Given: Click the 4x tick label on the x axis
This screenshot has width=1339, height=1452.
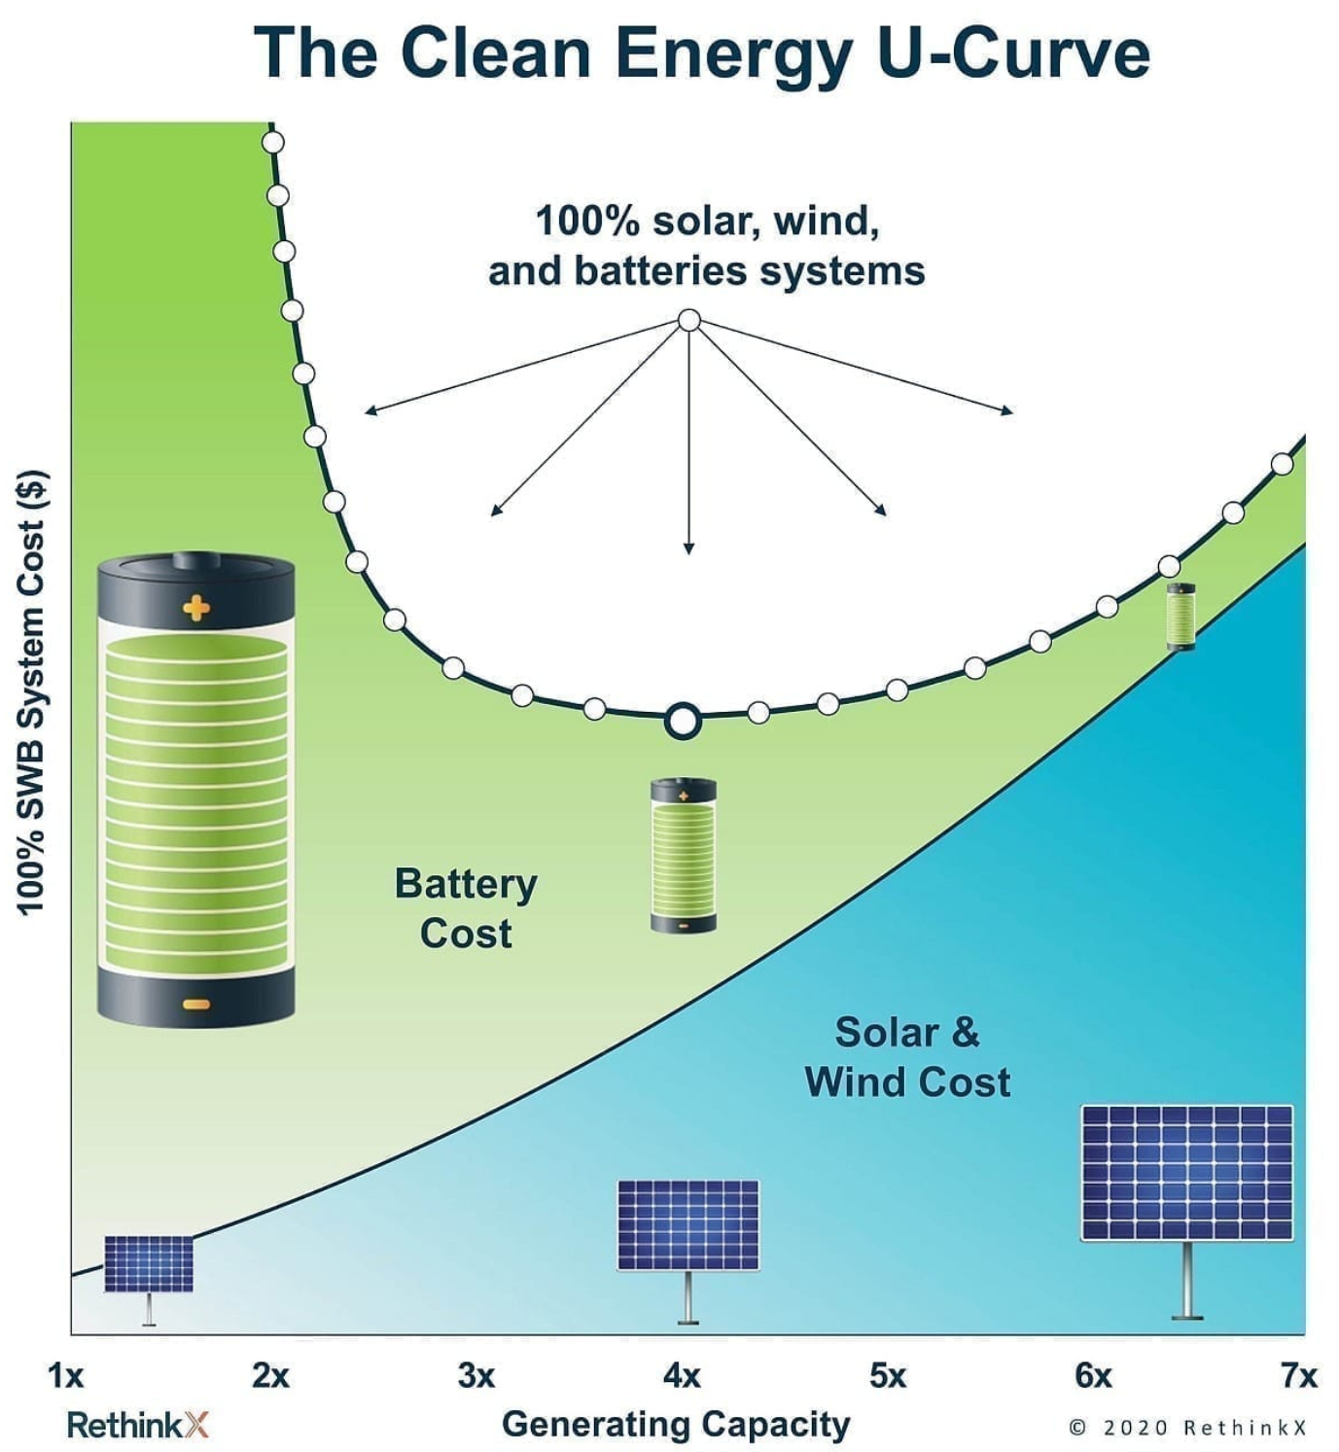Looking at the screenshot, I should tap(682, 1375).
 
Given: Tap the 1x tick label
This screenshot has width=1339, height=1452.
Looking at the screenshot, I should tap(66, 1375).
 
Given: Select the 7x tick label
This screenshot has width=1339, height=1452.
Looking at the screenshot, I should tap(1298, 1375).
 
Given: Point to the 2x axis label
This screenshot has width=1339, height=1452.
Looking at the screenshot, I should tap(270, 1375).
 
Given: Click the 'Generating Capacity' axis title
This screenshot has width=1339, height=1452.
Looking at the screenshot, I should tap(676, 1424).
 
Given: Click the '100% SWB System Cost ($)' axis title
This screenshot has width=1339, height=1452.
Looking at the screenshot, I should tap(33, 692).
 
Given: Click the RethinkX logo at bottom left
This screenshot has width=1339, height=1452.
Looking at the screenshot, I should tap(137, 1426).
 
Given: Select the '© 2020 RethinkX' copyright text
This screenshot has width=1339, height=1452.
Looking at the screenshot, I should tap(1187, 1427).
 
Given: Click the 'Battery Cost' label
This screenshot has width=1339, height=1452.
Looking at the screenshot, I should tap(466, 907).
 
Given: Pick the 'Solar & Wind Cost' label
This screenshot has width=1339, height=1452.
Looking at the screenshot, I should tap(907, 1057).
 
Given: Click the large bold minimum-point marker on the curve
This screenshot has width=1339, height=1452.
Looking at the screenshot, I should tap(683, 722).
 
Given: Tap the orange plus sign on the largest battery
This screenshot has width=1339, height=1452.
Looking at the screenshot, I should tap(196, 609).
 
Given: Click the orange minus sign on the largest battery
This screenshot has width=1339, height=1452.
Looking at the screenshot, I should tap(196, 1004).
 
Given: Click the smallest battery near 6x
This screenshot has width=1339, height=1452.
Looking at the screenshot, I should tap(1180, 617).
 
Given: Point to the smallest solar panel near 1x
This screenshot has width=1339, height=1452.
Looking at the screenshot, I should tap(149, 1264).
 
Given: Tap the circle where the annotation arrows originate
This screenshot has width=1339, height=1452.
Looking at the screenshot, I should tap(688, 320).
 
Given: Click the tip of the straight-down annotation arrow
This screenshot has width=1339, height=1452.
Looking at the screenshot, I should tap(688, 551).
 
